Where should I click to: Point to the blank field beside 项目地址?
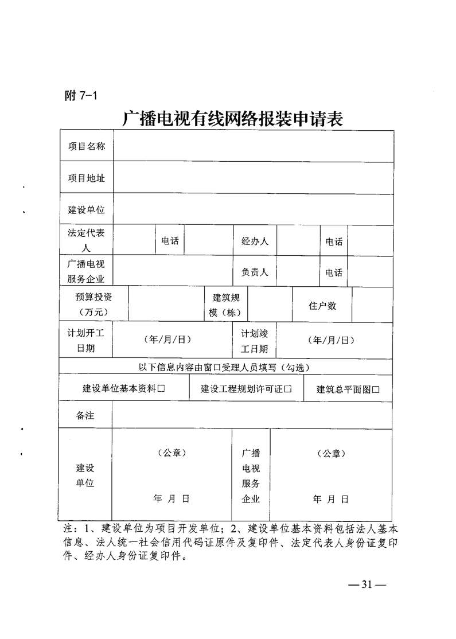[253, 178]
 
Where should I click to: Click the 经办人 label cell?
[255, 241]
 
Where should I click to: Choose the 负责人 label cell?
[255, 272]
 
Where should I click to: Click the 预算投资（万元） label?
[93, 305]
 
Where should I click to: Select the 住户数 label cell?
[322, 305]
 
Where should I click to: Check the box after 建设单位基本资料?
[162, 389]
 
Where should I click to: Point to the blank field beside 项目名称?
[253, 147]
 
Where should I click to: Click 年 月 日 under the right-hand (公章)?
[331, 499]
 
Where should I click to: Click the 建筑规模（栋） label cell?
[226, 305]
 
